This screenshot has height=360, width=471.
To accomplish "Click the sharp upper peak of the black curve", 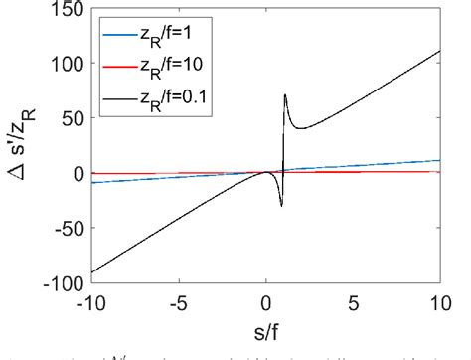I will (285, 95).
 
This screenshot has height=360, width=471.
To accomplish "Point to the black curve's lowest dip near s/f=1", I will (281, 206).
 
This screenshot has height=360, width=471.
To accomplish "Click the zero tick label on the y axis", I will (76, 173).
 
